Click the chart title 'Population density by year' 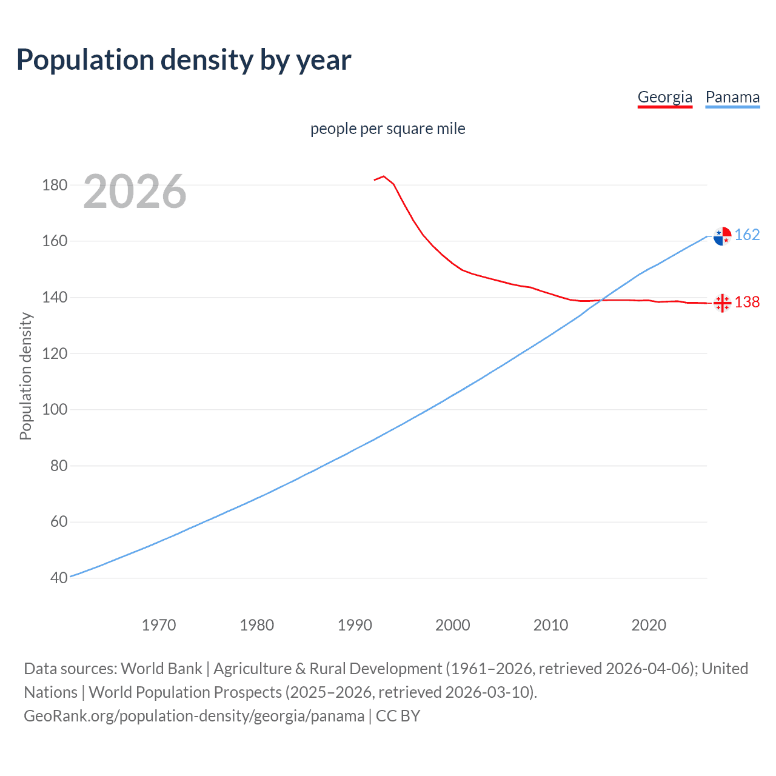click(x=184, y=60)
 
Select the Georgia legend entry click(x=664, y=97)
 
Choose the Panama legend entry click(x=732, y=97)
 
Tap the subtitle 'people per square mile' click(x=387, y=129)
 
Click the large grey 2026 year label click(x=135, y=192)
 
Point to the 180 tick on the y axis click(x=55, y=185)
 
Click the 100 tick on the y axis click(x=55, y=410)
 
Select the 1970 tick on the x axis click(x=159, y=625)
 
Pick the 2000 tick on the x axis click(x=453, y=625)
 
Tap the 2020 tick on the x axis click(x=649, y=625)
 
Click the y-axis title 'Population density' click(x=25, y=376)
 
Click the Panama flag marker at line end click(x=722, y=236)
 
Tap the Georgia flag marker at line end click(x=722, y=303)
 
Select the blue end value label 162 click(x=747, y=235)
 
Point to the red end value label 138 click(x=747, y=303)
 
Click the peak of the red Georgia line click(x=383, y=176)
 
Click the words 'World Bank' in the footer click(x=161, y=669)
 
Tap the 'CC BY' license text click(x=398, y=716)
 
